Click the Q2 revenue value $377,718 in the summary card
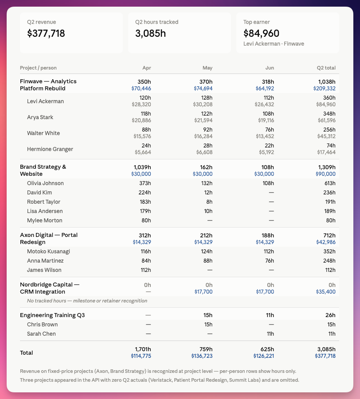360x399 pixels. [x=46, y=33]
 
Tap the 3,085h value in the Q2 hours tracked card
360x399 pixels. [x=150, y=33]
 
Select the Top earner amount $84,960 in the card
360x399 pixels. [x=261, y=33]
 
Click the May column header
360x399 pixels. [x=207, y=68]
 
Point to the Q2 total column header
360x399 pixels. [x=326, y=68]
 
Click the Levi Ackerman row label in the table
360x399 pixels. [x=45, y=101]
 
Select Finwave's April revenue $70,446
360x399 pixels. [x=141, y=89]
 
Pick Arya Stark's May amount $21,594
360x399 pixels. [x=203, y=120]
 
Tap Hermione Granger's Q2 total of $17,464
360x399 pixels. [x=326, y=152]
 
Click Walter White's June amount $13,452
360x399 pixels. [x=265, y=136]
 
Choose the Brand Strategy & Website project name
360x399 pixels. [x=43, y=170]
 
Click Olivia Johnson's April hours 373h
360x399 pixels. [x=145, y=183]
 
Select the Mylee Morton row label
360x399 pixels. [x=45, y=221]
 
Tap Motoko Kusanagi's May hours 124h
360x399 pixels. [x=207, y=252]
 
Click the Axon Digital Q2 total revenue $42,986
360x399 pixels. [x=326, y=242]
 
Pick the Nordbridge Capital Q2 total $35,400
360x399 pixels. [x=326, y=292]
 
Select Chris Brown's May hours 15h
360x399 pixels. [x=208, y=325]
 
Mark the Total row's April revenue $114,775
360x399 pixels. [x=141, y=356]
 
